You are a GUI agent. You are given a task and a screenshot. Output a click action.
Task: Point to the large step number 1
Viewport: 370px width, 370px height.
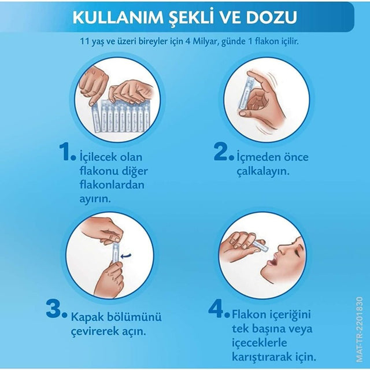65,151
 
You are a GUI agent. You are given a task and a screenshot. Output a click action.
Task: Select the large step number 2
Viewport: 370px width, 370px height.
221,151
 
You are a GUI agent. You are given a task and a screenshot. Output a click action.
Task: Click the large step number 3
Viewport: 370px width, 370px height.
54,308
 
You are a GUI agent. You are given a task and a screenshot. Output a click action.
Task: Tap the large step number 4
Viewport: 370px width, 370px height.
216,308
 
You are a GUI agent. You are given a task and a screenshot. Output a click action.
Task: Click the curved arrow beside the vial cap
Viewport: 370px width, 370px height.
125,256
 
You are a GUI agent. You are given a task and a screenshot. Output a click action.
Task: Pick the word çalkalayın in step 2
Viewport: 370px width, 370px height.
263,172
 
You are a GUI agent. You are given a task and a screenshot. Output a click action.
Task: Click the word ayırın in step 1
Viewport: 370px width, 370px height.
95,199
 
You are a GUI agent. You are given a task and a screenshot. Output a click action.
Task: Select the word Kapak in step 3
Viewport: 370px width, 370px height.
87,317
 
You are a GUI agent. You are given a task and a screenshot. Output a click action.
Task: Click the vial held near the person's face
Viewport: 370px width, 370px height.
260,245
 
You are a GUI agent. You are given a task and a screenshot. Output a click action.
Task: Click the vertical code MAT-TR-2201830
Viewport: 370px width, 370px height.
360,330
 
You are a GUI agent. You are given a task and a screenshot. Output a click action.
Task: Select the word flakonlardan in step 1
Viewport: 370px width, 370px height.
112,185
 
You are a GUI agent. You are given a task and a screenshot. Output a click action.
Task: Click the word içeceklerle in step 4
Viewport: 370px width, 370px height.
260,343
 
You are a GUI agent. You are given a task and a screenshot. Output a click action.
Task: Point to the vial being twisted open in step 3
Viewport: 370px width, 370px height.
116,251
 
